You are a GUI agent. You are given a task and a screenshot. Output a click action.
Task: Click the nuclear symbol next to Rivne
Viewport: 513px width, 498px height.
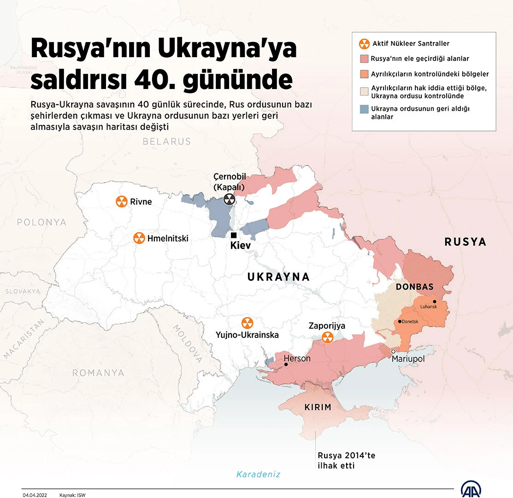[121, 202]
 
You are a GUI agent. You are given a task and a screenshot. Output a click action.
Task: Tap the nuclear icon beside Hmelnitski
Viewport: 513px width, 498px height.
[139, 238]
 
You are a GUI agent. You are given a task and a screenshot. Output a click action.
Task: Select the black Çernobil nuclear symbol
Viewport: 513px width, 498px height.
[229, 199]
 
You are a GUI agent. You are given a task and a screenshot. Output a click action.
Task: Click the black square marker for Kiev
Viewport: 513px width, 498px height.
[234, 235]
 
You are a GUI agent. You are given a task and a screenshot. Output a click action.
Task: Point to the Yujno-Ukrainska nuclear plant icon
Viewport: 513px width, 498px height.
[248, 322]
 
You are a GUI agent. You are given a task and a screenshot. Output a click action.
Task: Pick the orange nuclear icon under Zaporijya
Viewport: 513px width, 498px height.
[328, 337]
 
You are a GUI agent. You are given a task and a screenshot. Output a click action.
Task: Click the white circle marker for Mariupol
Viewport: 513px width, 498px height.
[394, 351]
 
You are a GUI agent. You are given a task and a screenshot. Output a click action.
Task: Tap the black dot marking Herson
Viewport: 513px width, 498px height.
[286, 364]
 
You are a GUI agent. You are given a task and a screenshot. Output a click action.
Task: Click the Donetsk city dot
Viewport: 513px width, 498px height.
[399, 321]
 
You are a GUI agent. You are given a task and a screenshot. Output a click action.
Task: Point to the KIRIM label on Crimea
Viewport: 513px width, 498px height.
[318, 407]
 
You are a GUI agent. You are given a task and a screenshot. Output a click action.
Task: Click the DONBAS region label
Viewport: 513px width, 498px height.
[414, 287]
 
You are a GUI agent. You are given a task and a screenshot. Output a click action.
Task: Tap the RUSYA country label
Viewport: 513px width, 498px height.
[465, 242]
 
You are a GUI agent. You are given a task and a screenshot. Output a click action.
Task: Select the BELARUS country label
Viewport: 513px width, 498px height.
[166, 142]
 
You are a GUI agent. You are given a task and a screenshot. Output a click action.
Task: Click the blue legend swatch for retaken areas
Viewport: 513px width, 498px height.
[364, 109]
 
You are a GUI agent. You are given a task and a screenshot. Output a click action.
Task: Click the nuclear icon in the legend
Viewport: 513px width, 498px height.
[364, 44]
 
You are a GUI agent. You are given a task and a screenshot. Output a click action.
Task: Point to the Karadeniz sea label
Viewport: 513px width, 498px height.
[258, 474]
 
